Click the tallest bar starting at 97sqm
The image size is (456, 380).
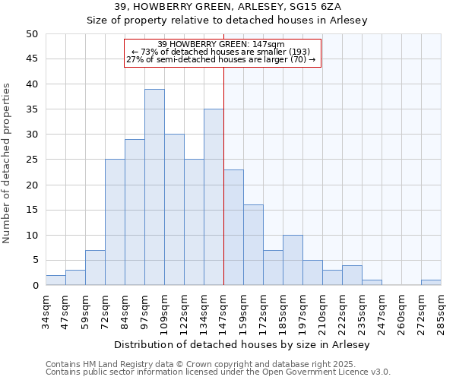154,187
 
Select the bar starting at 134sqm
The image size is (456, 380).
214,197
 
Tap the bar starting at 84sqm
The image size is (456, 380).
135,212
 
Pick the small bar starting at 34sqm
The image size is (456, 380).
55,280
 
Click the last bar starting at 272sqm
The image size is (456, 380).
431,283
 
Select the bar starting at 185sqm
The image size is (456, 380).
293,260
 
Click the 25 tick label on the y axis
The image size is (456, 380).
32,160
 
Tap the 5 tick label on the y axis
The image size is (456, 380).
35,261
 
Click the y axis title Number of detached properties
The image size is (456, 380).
8,164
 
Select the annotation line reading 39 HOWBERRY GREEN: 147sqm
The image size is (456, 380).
222,44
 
